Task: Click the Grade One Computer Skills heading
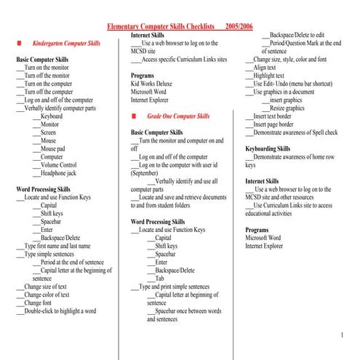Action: pyautogui.click(x=177, y=116)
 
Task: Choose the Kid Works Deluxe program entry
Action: pyautogui.click(x=151, y=84)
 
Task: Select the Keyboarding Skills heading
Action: pyautogui.click(x=268, y=148)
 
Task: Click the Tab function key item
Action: pyautogui.click(x=159, y=279)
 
